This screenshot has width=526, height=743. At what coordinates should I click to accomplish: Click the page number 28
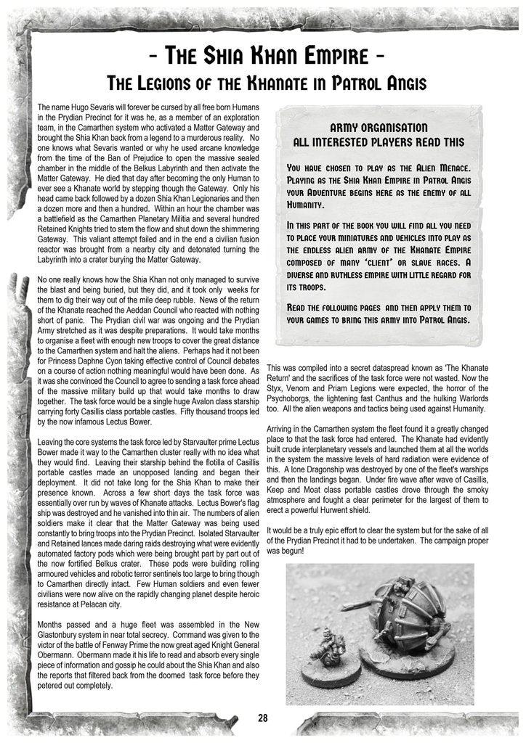tap(262, 718)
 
